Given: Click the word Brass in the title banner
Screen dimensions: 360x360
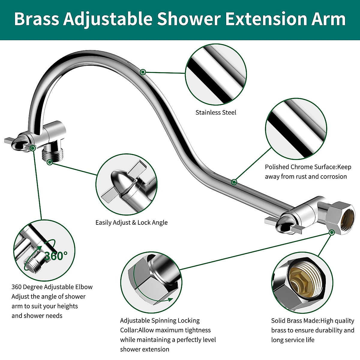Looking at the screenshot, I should (x=36, y=19).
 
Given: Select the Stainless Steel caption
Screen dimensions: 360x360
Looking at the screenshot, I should (x=216, y=112).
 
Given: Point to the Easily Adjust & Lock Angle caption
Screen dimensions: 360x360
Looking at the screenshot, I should (x=131, y=223).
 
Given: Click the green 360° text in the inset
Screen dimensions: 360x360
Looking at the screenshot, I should (x=56, y=256).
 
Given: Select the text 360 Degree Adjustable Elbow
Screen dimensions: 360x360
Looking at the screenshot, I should (x=52, y=287).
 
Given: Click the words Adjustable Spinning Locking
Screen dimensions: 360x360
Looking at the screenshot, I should (x=160, y=321).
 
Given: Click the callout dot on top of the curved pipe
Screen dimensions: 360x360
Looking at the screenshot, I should (x=143, y=72).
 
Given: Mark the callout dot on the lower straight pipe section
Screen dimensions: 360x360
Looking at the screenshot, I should (x=234, y=182).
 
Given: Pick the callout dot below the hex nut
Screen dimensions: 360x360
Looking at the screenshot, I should (x=331, y=232).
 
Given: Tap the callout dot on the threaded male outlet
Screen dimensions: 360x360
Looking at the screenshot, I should (x=50, y=162).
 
